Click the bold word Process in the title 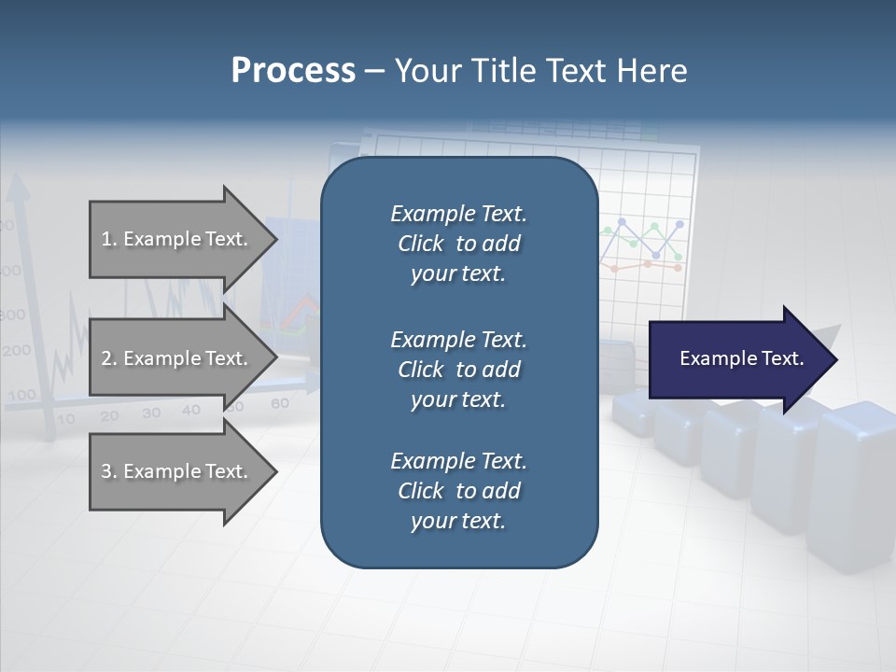point(293,71)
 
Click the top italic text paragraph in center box point(458,244)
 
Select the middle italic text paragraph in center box point(458,369)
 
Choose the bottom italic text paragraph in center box point(458,491)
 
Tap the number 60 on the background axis point(279,404)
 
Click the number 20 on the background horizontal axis point(109,416)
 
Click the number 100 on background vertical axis point(21,395)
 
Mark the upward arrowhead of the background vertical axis point(18,189)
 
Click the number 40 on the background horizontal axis point(190,410)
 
